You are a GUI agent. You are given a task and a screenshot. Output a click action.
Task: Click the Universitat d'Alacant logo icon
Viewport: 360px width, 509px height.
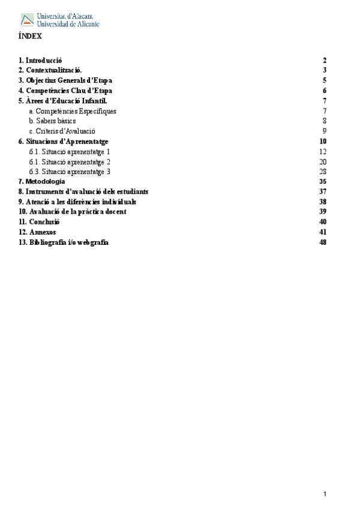click(28, 20)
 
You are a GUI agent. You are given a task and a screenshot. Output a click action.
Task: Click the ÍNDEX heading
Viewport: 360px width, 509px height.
click(30, 36)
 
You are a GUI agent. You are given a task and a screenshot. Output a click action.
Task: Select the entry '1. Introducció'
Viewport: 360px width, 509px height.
click(40, 61)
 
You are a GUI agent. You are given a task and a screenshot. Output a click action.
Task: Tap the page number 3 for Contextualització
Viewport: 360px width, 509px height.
click(324, 70)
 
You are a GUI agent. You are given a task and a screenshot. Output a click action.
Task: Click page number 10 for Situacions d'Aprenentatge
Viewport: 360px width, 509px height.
click(323, 141)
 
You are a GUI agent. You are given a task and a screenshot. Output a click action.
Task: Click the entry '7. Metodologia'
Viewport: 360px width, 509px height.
click(41, 181)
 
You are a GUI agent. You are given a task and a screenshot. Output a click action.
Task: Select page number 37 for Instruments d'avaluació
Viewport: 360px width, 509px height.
click(323, 191)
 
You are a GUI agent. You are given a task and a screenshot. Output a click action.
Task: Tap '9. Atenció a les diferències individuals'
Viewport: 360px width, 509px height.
click(77, 202)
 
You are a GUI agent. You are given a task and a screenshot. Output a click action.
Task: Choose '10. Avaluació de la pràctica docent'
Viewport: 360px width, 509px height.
click(73, 212)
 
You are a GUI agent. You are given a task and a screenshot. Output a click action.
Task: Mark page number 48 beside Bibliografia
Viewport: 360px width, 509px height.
click(323, 242)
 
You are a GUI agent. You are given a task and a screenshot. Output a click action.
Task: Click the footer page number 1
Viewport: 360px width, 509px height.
click(325, 494)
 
